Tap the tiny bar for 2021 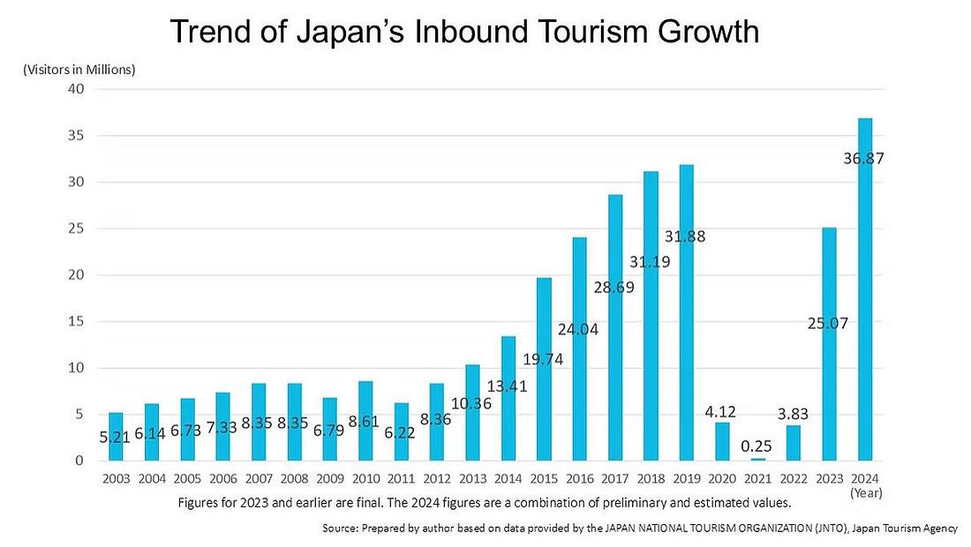758,459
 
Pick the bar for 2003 117,436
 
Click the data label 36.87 863,160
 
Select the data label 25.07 828,324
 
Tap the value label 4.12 721,410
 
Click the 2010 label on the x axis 365,479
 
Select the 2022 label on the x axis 793,479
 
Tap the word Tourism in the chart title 574,32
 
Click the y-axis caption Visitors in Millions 79,69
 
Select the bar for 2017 615,327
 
